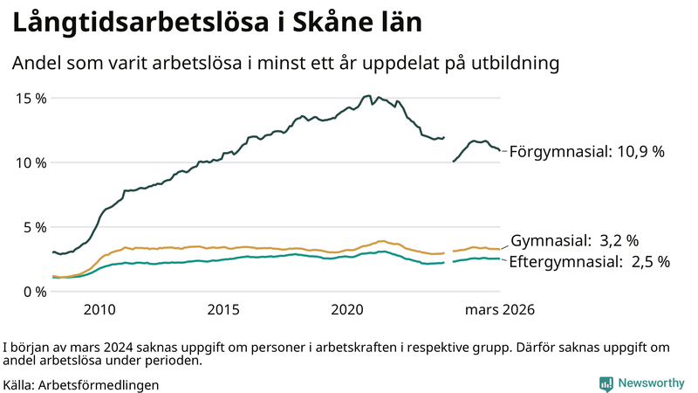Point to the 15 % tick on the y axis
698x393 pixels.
31,98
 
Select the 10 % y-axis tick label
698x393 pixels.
31,162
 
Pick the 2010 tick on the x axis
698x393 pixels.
99,310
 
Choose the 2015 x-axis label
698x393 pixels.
223,310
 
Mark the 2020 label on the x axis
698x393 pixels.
348,310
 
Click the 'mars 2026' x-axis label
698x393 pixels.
500,310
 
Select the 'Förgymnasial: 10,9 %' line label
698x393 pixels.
587,152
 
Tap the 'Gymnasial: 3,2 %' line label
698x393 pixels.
575,240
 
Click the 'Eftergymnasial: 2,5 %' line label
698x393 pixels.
589,261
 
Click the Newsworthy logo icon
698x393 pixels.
606,383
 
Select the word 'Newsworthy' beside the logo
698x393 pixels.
651,383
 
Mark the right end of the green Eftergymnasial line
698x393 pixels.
500,259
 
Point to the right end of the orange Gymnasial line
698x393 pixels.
500,249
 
